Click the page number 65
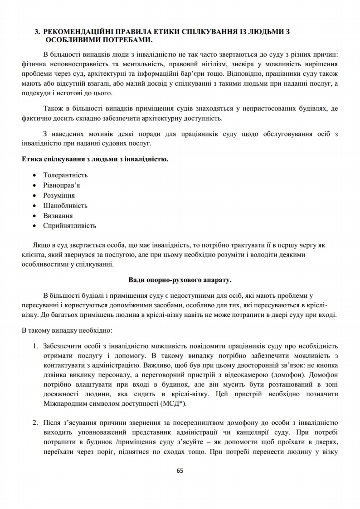180,470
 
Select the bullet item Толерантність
65,175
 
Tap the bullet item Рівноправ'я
62,185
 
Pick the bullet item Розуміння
59,195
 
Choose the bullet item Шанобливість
65,205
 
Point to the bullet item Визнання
58,216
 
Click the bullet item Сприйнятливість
69,226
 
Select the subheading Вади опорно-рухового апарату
180,277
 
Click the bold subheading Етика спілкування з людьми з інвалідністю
95,159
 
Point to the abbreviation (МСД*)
173,403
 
